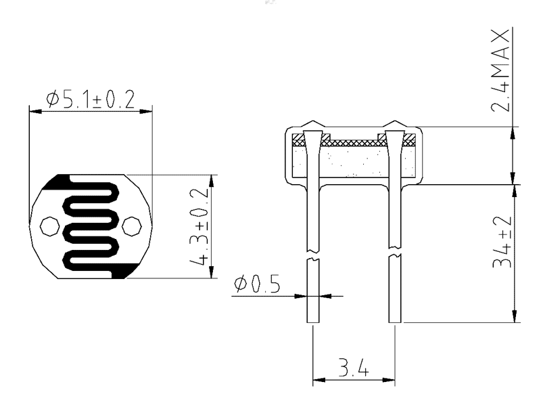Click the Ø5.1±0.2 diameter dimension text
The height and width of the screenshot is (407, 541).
pyautogui.click(x=91, y=99)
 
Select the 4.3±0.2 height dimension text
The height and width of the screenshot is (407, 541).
pyautogui.click(x=199, y=227)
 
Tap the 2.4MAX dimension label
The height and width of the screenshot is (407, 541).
pyautogui.click(x=500, y=70)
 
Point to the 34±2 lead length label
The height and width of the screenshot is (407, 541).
pyautogui.click(x=502, y=242)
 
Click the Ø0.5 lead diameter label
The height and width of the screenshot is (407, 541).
pyautogui.click(x=257, y=284)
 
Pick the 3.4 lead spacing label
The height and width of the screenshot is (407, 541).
pyautogui.click(x=353, y=367)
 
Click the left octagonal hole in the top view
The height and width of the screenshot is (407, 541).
pyautogui.click(x=49, y=227)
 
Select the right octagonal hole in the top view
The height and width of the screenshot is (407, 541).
pyautogui.click(x=131, y=227)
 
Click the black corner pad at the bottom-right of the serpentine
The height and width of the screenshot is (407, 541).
pyautogui.click(x=125, y=270)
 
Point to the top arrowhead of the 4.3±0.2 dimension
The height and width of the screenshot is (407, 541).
pyautogui.click(x=211, y=181)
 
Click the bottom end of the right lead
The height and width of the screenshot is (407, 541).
pyautogui.click(x=395, y=322)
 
